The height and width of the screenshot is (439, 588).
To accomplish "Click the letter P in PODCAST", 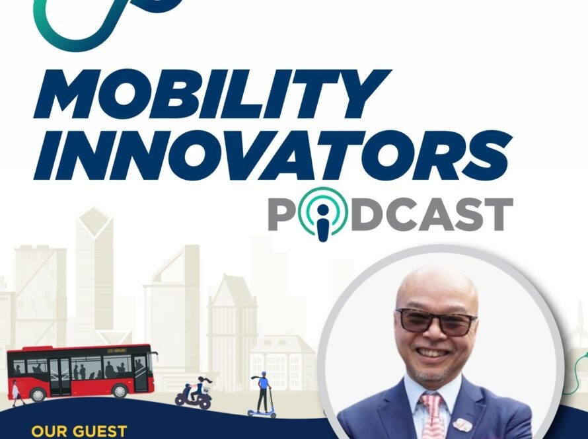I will (x=283, y=215).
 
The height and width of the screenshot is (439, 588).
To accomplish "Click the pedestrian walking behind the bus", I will (x=15, y=391).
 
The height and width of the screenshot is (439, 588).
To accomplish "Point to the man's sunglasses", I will (x=436, y=321).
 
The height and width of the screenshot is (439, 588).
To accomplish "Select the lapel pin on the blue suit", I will (x=463, y=424).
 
